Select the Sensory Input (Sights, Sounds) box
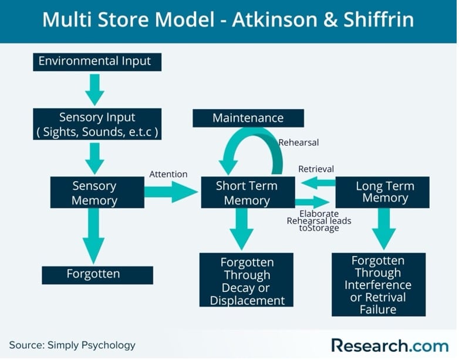[x=97, y=124]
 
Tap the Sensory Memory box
[x=97, y=192]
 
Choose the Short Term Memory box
[x=247, y=192]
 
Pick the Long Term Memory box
[x=384, y=192]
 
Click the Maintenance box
[x=248, y=118]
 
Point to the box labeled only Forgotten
[x=97, y=274]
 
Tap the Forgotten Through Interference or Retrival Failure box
[x=378, y=284]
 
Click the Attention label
[x=168, y=174]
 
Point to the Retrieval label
[x=316, y=169]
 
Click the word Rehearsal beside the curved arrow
[x=299, y=142]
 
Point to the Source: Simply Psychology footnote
[x=72, y=345]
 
